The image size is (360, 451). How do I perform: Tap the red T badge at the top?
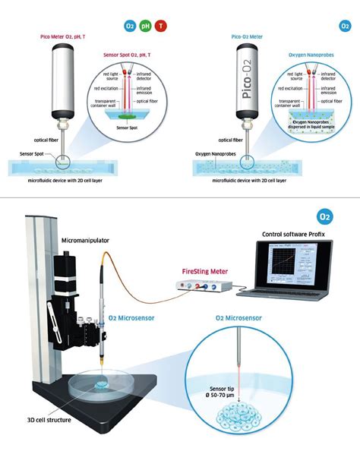click(160, 25)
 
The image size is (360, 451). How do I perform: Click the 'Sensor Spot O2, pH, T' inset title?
click(129, 55)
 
